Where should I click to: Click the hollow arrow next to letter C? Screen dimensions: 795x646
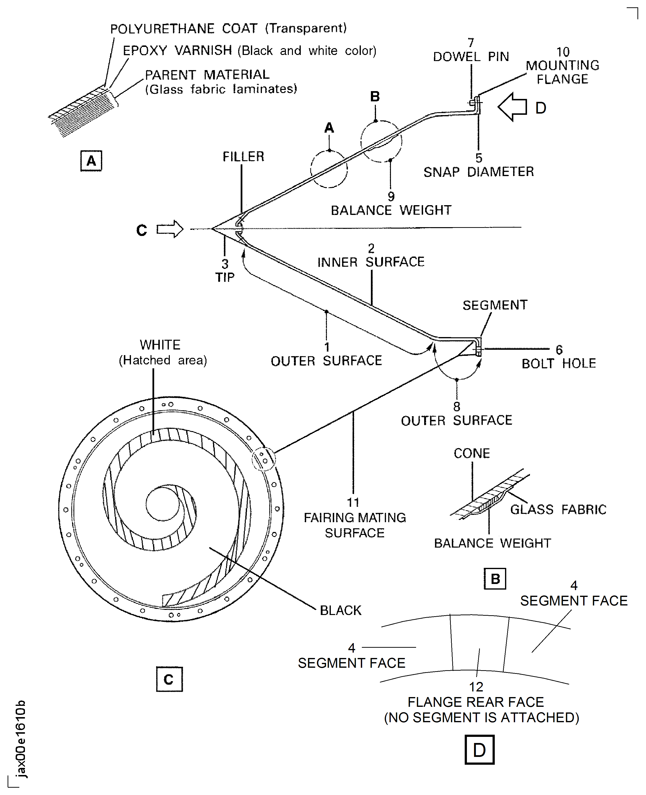(170, 229)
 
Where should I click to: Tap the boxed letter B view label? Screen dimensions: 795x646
(495, 579)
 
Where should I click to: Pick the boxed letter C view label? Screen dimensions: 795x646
(169, 679)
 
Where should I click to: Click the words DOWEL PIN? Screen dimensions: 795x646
(471, 57)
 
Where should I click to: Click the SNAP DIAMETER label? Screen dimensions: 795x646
(479, 172)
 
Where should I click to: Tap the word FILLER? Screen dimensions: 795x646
(243, 157)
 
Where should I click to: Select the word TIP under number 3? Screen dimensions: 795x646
(225, 277)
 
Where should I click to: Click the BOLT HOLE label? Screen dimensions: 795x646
(559, 363)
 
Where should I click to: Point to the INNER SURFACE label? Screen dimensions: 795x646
(371, 262)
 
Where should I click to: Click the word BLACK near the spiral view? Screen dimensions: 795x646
(341, 611)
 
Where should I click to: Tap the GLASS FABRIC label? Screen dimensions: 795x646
(558, 509)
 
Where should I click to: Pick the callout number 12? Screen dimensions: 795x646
(476, 687)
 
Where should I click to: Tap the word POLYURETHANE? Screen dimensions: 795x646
(162, 29)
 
